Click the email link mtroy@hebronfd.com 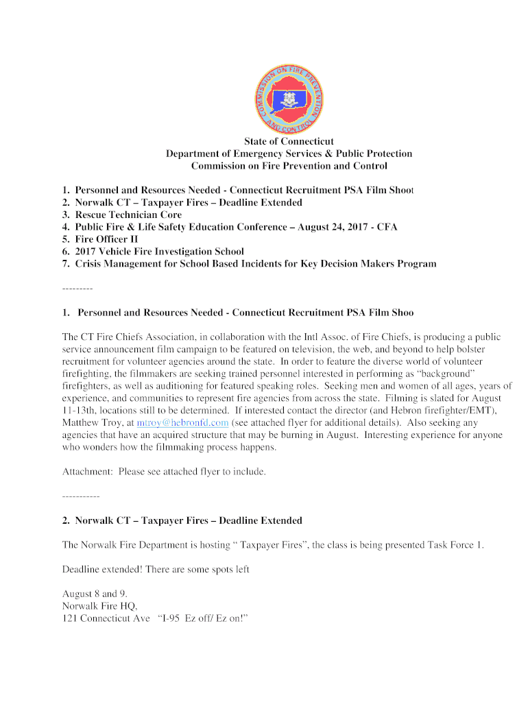(x=182, y=423)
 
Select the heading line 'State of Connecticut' (x=289, y=142)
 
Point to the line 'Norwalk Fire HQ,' (x=100, y=606)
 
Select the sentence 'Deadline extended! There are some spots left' (x=156, y=569)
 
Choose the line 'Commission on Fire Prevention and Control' (x=289, y=166)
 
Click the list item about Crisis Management (x=255, y=264)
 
